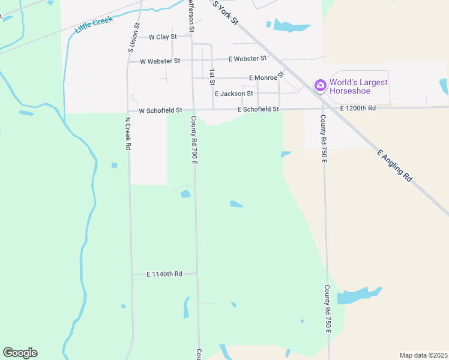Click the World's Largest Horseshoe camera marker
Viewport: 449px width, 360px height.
[320, 85]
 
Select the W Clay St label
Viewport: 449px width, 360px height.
[158, 37]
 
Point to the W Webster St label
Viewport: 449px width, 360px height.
[160, 61]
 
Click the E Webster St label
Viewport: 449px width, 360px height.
[247, 58]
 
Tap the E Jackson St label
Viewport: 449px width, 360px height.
[234, 94]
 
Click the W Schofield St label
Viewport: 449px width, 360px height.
[160, 111]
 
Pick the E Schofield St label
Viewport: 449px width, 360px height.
[258, 109]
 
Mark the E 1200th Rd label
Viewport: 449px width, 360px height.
[358, 108]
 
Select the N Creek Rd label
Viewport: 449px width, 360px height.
[127, 133]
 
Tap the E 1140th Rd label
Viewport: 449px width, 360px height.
[164, 274]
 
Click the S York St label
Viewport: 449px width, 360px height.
[226, 12]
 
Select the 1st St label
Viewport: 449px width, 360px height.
[212, 77]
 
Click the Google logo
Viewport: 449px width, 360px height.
[20, 353]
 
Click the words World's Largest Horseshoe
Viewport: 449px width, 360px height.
[359, 86]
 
